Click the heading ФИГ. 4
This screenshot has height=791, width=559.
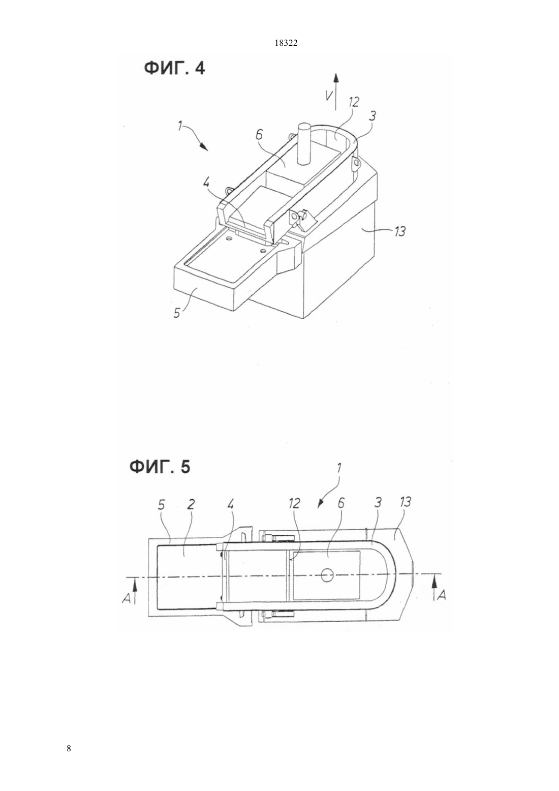(174, 69)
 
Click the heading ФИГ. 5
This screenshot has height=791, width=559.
(160, 467)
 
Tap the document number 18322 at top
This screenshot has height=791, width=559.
(286, 43)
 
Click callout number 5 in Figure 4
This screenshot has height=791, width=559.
(177, 312)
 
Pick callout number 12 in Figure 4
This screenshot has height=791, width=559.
(353, 102)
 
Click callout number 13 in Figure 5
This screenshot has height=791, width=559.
(405, 502)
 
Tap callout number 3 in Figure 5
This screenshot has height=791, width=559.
(378, 503)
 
